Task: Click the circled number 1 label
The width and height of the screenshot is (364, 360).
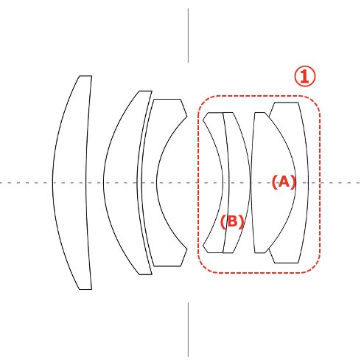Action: [x=305, y=76]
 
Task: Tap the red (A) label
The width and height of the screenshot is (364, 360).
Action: [x=284, y=182]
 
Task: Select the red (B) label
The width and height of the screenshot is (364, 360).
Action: [x=232, y=221]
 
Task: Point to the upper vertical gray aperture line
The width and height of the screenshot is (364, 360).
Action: [x=189, y=35]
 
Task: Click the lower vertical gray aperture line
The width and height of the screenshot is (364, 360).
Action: [x=189, y=330]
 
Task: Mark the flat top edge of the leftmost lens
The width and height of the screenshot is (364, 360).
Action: [x=85, y=76]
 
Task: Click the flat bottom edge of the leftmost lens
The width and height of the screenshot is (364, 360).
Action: [x=85, y=289]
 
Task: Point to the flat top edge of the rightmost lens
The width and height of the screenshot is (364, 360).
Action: [x=286, y=103]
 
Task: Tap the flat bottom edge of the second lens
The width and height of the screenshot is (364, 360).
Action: [x=146, y=274]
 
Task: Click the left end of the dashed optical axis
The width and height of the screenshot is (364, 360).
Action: [x=0, y=183]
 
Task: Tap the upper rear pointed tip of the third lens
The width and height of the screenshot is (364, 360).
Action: [x=187, y=116]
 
